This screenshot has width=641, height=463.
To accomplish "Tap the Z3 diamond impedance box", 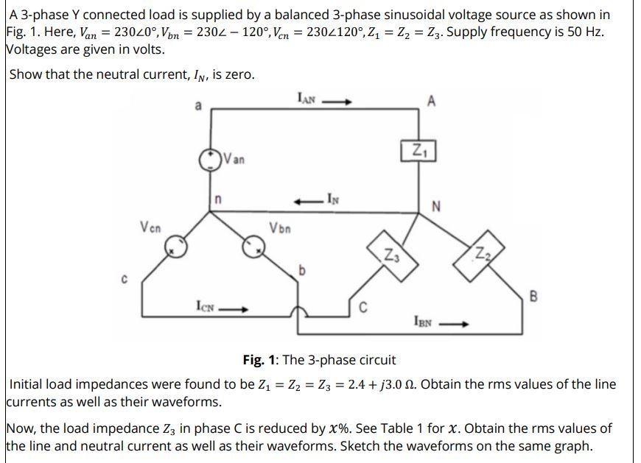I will click(392, 255).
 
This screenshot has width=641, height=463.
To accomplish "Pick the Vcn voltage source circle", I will click(175, 249).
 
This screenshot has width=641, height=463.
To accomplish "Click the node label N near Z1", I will click(436, 205).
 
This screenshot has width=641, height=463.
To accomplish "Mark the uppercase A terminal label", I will click(430, 102).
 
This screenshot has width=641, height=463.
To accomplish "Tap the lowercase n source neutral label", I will click(218, 199).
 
